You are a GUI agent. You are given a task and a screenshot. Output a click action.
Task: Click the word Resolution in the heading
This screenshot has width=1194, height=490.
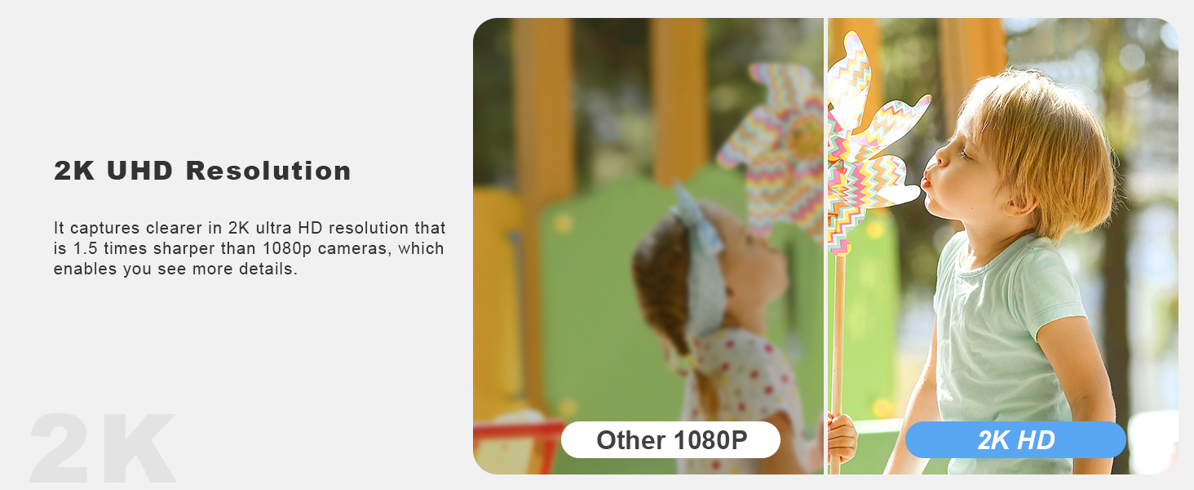(x=268, y=171)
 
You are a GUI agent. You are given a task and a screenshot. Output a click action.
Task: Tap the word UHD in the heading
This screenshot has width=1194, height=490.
(x=139, y=171)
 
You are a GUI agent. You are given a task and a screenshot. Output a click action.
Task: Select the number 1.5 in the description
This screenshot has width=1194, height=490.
(x=85, y=249)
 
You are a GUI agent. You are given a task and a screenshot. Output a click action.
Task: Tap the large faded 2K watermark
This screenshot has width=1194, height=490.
(x=102, y=448)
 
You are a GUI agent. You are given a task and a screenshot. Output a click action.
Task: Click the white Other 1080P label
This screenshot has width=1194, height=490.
(x=670, y=440)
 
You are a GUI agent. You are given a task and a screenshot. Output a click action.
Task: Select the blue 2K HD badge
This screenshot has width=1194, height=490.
(x=1015, y=440)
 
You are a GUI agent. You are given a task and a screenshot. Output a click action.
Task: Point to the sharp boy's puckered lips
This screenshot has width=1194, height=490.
(x=926, y=180)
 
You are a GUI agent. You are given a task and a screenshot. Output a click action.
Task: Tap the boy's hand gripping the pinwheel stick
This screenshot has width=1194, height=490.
(x=842, y=437)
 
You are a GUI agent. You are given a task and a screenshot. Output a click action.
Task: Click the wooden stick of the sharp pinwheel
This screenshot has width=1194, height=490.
(x=838, y=363)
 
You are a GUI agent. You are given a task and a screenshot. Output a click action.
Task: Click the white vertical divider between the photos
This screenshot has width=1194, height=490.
(x=825, y=246)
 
